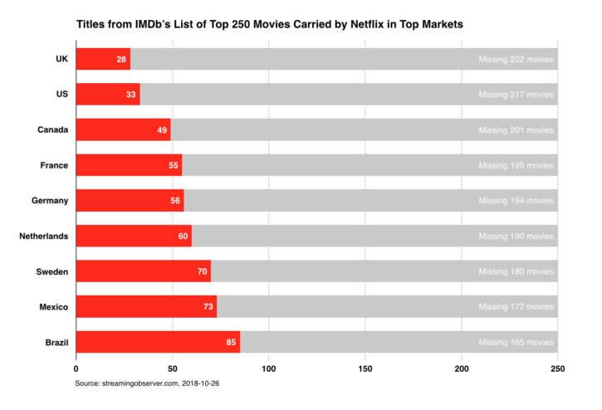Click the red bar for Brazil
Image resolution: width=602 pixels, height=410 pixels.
(x=158, y=342)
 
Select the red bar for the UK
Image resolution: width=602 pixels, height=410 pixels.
(x=103, y=59)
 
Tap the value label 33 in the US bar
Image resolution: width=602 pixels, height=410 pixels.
(x=131, y=95)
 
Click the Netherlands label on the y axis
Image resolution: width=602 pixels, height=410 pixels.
(x=44, y=237)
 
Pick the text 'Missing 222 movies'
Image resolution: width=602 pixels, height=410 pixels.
(x=516, y=59)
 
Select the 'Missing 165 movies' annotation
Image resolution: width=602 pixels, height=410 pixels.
(x=516, y=342)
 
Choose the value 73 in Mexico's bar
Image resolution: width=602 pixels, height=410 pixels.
(x=208, y=307)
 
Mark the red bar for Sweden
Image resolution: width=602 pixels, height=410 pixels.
(x=143, y=271)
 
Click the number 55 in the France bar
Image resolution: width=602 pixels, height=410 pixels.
(x=173, y=165)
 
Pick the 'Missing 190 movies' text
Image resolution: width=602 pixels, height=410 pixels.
(x=516, y=237)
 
